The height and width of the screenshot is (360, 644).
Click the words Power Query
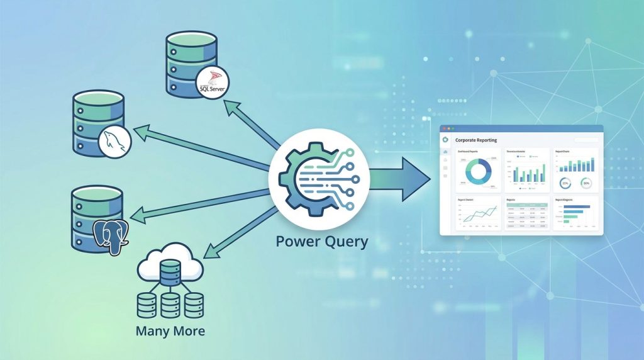321,242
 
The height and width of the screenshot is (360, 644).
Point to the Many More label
170,330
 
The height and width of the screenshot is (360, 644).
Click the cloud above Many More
170,266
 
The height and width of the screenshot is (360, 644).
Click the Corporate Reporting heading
476,140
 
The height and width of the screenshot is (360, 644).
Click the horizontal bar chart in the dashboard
575,215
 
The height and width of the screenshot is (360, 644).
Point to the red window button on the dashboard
443,128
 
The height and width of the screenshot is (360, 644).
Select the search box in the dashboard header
586,140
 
